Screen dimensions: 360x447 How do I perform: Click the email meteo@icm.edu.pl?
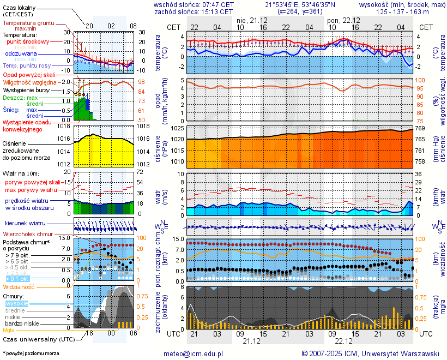tap(194, 353)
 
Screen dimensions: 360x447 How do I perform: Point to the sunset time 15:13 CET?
tap(213, 11)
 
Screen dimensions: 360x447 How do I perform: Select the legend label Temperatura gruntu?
tap(28, 23)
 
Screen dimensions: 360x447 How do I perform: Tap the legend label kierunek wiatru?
tap(25, 224)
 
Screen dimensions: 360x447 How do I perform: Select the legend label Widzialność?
tap(19, 286)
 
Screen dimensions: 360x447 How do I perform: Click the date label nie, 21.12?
tap(249, 20)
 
